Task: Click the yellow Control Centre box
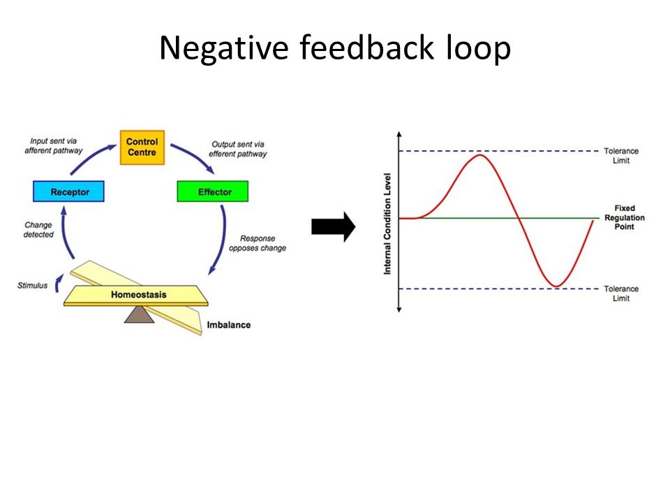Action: pyautogui.click(x=142, y=147)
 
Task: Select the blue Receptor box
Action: pyautogui.click(x=68, y=191)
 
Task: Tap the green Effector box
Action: pyautogui.click(x=212, y=191)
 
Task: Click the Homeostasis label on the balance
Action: pyautogui.click(x=138, y=294)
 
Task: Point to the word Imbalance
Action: pyautogui.click(x=229, y=325)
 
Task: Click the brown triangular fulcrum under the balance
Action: pyautogui.click(x=139, y=314)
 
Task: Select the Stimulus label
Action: pyautogui.click(x=33, y=285)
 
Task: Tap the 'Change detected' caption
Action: pyautogui.click(x=38, y=230)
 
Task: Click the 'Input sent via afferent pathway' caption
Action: pyautogui.click(x=54, y=145)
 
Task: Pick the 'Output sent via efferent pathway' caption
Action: pyautogui.click(x=237, y=149)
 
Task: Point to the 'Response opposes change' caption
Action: pyautogui.click(x=258, y=243)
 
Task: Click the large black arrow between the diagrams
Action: pyautogui.click(x=334, y=226)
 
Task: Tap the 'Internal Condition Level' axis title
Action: pyautogui.click(x=387, y=224)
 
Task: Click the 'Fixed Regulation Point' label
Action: pyautogui.click(x=624, y=217)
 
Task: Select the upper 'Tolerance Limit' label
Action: pyautogui.click(x=621, y=156)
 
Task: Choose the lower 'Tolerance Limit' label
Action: pyautogui.click(x=621, y=293)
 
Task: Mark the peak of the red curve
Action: pyautogui.click(x=480, y=155)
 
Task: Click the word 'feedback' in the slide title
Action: pyautogui.click(x=366, y=47)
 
